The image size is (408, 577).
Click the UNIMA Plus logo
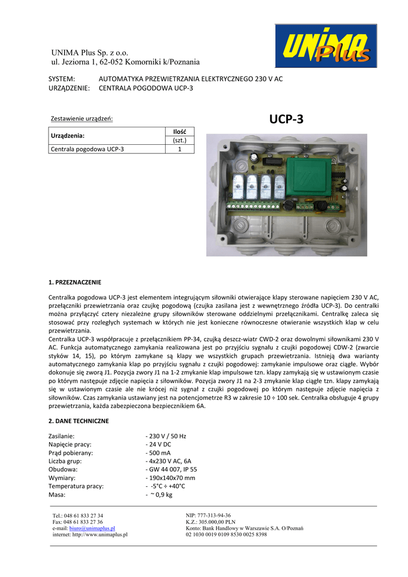click(326, 46)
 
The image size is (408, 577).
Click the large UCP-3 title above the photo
click(286, 119)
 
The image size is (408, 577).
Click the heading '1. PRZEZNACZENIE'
click(75, 282)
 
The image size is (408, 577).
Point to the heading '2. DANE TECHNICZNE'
click(78, 421)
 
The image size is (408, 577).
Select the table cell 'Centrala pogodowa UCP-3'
click(87, 149)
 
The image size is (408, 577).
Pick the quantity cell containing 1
click(179, 149)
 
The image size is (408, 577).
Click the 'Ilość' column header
click(179, 131)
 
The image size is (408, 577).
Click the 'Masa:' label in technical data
click(57, 495)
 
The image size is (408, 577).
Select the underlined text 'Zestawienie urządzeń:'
click(82, 119)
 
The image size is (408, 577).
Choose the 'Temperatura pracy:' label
click(76, 486)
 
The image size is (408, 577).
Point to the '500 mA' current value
click(158, 453)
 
